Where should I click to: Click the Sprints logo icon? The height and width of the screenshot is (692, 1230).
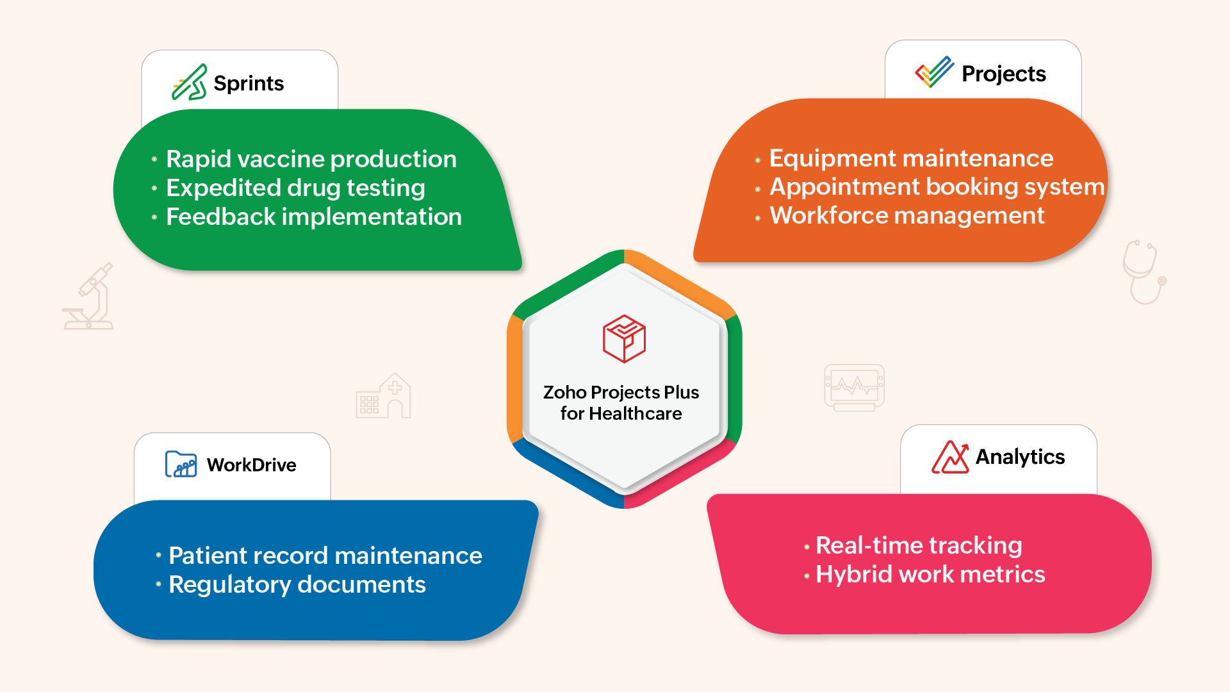point(190,83)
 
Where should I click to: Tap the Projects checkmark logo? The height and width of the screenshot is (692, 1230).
point(934,72)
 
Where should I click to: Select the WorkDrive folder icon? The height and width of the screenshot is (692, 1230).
point(181,464)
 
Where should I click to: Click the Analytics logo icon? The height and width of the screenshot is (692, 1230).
point(950,457)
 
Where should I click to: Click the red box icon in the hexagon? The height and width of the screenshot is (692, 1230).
point(624,338)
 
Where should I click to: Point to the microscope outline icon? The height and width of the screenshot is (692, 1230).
point(88,296)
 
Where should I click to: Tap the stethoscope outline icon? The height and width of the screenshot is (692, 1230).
point(1144,272)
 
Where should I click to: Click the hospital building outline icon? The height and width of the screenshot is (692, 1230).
point(383,396)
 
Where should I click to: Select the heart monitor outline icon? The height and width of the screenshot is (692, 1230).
point(854,388)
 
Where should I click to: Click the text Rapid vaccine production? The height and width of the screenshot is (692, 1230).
point(311,159)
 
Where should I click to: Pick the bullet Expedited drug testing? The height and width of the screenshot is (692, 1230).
point(295,188)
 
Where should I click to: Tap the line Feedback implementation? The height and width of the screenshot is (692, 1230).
point(314,217)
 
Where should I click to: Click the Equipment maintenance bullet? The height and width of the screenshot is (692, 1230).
point(911,158)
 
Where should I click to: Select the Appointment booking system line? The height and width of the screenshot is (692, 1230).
point(937,187)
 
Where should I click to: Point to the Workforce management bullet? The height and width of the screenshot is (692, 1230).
point(907,216)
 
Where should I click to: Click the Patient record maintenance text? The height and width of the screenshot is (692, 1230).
point(325,556)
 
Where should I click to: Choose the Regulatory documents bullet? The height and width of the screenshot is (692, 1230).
point(297,585)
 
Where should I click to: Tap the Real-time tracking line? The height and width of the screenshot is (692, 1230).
point(919,546)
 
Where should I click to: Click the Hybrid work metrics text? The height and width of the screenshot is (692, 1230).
point(930,575)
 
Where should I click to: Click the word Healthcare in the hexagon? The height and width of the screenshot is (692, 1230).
point(635,414)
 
